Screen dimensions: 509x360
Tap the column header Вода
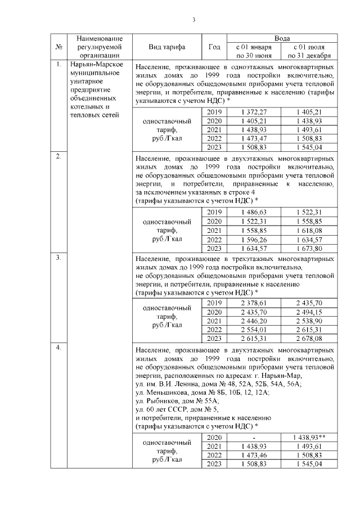[x=282, y=37]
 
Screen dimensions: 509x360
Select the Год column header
[x=214, y=47]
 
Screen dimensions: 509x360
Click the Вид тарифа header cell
[x=166, y=47]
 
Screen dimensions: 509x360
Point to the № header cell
[x=59, y=47]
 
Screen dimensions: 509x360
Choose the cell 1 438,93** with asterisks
[x=310, y=436]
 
